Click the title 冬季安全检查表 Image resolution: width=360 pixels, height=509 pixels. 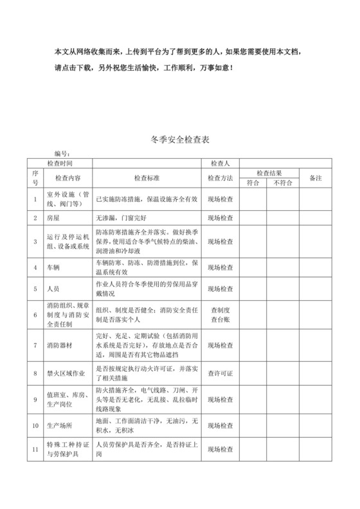(x=179, y=139)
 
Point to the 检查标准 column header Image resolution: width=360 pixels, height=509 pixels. (x=147, y=178)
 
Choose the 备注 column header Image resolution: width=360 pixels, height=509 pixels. (x=316, y=177)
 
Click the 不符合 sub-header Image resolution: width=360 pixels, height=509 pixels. (x=282, y=183)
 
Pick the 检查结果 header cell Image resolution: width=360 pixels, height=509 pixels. (x=269, y=173)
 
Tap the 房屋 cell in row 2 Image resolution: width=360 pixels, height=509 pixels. (x=53, y=218)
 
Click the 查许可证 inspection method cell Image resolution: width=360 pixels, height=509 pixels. (x=221, y=373)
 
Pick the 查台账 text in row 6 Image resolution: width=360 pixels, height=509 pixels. (x=221, y=320)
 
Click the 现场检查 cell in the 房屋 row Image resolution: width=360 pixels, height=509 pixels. (x=221, y=218)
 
